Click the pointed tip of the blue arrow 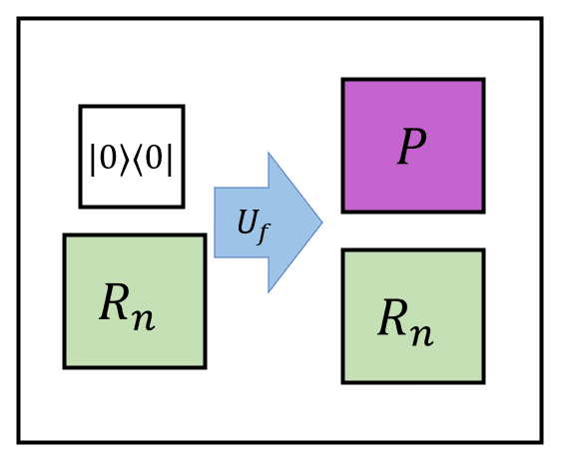[320, 223]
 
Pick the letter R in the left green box [115, 302]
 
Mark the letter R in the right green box [393, 318]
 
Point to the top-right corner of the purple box [483, 80]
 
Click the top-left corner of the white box [81, 107]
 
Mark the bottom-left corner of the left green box [65, 366]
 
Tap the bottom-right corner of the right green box [483, 381]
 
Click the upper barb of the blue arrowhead [269, 155]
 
